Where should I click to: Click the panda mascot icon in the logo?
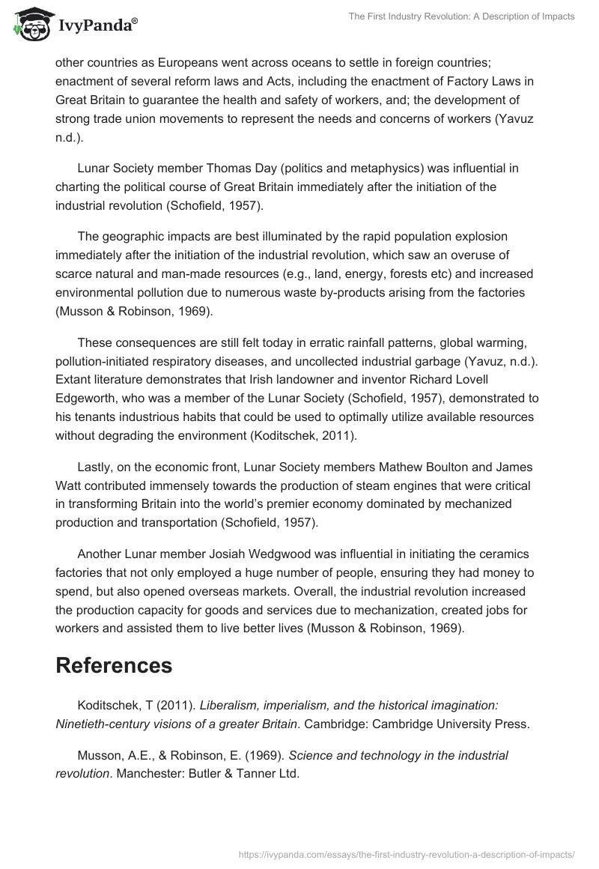[30, 23]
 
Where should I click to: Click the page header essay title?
[462, 16]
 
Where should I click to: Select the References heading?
[114, 665]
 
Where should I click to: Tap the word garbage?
[422, 361]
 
